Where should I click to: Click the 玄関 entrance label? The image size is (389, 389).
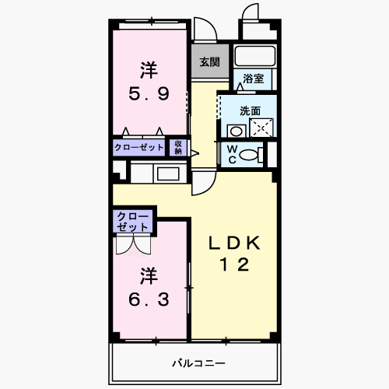click(x=209, y=62)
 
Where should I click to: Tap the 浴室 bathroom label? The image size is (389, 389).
click(x=253, y=79)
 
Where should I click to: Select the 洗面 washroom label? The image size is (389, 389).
click(x=250, y=111)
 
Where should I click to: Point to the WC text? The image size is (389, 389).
click(x=232, y=155)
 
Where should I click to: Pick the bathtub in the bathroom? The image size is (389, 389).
click(x=254, y=55)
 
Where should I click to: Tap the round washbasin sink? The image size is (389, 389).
click(x=237, y=131)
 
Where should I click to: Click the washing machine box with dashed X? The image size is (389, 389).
click(x=261, y=128)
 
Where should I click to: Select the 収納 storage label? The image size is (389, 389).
click(x=178, y=148)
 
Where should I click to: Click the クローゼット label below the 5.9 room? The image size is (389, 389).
click(x=139, y=147)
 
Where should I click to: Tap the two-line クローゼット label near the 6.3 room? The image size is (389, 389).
click(x=132, y=222)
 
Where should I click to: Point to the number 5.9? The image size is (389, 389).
click(x=149, y=93)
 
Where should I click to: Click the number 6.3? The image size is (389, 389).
click(x=149, y=300)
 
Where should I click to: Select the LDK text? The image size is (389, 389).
click(x=234, y=243)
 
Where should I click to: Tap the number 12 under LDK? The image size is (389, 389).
click(x=234, y=265)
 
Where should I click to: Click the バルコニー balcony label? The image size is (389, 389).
click(x=198, y=363)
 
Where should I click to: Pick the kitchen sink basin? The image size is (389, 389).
click(x=168, y=174)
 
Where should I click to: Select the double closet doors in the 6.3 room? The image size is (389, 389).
click(x=133, y=244)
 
